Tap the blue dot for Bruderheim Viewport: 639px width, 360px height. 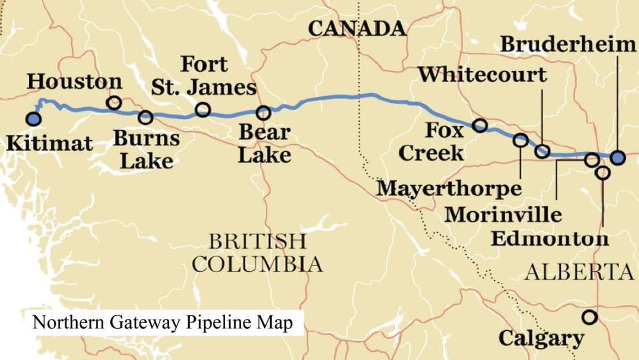pos(617,158)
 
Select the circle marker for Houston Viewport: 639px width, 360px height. pos(113,103)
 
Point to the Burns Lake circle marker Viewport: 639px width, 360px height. pos(145,117)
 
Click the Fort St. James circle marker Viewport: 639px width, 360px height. pos(202,110)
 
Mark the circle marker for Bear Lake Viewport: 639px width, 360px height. pos(263,113)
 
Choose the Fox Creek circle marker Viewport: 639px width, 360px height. pos(480,125)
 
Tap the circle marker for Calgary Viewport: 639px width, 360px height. pos(589,317)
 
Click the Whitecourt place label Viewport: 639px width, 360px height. pos(482,75)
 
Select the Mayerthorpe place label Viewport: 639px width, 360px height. pos(449,188)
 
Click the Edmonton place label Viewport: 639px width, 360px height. pos(549,238)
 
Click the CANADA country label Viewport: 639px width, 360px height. pos(358,29)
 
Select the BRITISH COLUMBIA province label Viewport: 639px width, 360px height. pos(258,252)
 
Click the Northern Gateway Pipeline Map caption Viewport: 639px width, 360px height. pos(162,323)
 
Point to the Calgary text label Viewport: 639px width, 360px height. pos(541,338)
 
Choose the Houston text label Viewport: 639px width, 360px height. pos(75,82)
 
